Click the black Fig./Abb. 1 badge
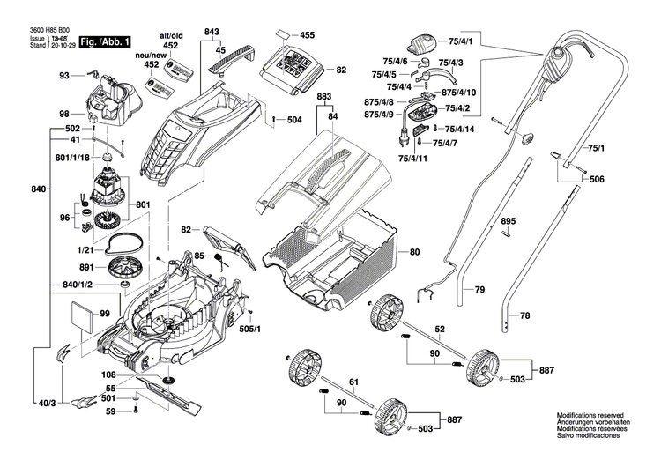pyautogui.click(x=105, y=41)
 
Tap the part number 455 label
pyautogui.click(x=307, y=35)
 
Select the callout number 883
pyautogui.click(x=324, y=95)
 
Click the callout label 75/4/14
pyautogui.click(x=459, y=130)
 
